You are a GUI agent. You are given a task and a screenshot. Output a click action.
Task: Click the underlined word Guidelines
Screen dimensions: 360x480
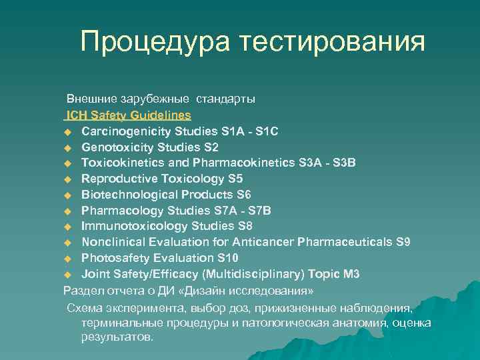[160, 115]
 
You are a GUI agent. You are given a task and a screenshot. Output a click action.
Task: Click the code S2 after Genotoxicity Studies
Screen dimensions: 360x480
[211, 147]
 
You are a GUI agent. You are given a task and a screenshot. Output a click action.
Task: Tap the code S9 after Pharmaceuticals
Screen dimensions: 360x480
[403, 242]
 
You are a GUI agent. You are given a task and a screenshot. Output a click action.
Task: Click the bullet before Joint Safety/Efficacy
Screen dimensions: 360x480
[67, 275]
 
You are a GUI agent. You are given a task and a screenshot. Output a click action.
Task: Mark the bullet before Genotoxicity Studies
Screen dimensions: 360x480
[67, 147]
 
